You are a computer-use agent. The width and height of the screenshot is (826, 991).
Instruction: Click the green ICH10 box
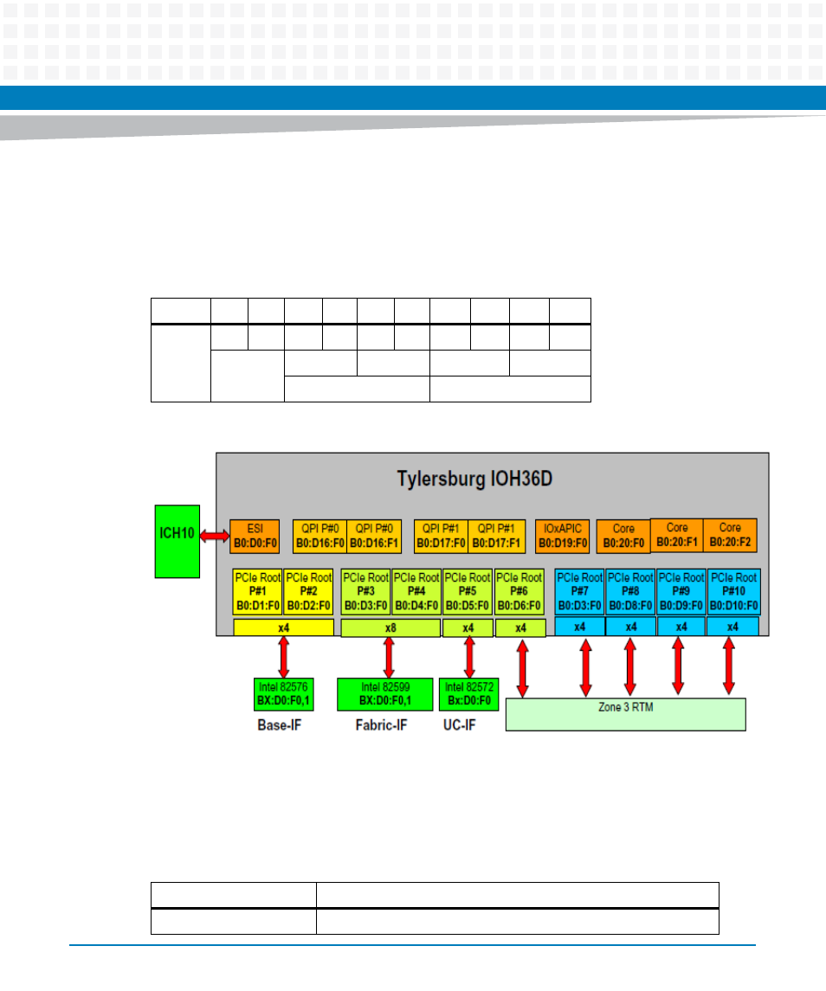pos(177,541)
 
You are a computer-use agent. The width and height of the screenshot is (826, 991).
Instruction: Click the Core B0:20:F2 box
pos(730,535)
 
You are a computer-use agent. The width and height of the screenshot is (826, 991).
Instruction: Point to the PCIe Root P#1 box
pos(257,592)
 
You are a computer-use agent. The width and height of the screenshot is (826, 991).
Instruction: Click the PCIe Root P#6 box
pos(519,592)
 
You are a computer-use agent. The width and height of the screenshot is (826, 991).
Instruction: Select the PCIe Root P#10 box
pos(733,592)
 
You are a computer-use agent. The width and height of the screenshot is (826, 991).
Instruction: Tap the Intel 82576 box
pos(282,693)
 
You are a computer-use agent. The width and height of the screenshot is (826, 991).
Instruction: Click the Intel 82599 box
pos(384,693)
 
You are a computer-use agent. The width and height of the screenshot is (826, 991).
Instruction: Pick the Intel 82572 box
pos(468,693)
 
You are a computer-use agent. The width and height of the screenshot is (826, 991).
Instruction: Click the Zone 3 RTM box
pos(625,714)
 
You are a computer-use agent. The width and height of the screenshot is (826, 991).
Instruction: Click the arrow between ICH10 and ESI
pos(215,537)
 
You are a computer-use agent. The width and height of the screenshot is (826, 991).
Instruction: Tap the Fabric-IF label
pos(380,724)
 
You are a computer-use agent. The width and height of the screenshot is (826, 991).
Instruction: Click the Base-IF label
pos(279,724)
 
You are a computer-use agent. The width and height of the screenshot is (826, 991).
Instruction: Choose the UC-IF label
pos(459,724)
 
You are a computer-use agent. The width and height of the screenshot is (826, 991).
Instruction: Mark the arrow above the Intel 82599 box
pos(389,658)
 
